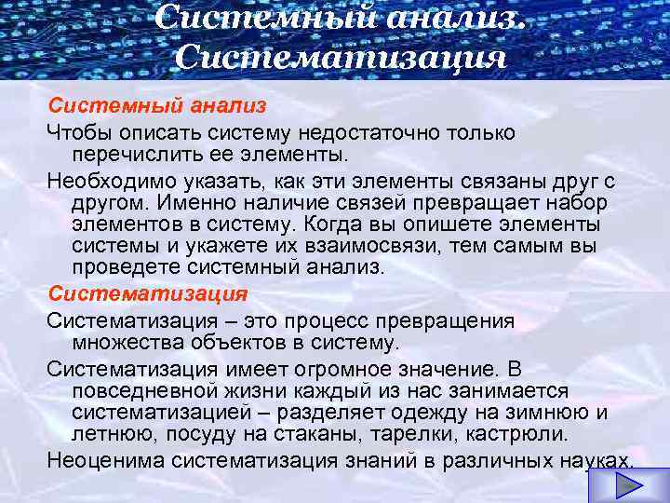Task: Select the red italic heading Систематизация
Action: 148,294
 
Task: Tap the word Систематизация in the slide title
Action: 340,60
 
